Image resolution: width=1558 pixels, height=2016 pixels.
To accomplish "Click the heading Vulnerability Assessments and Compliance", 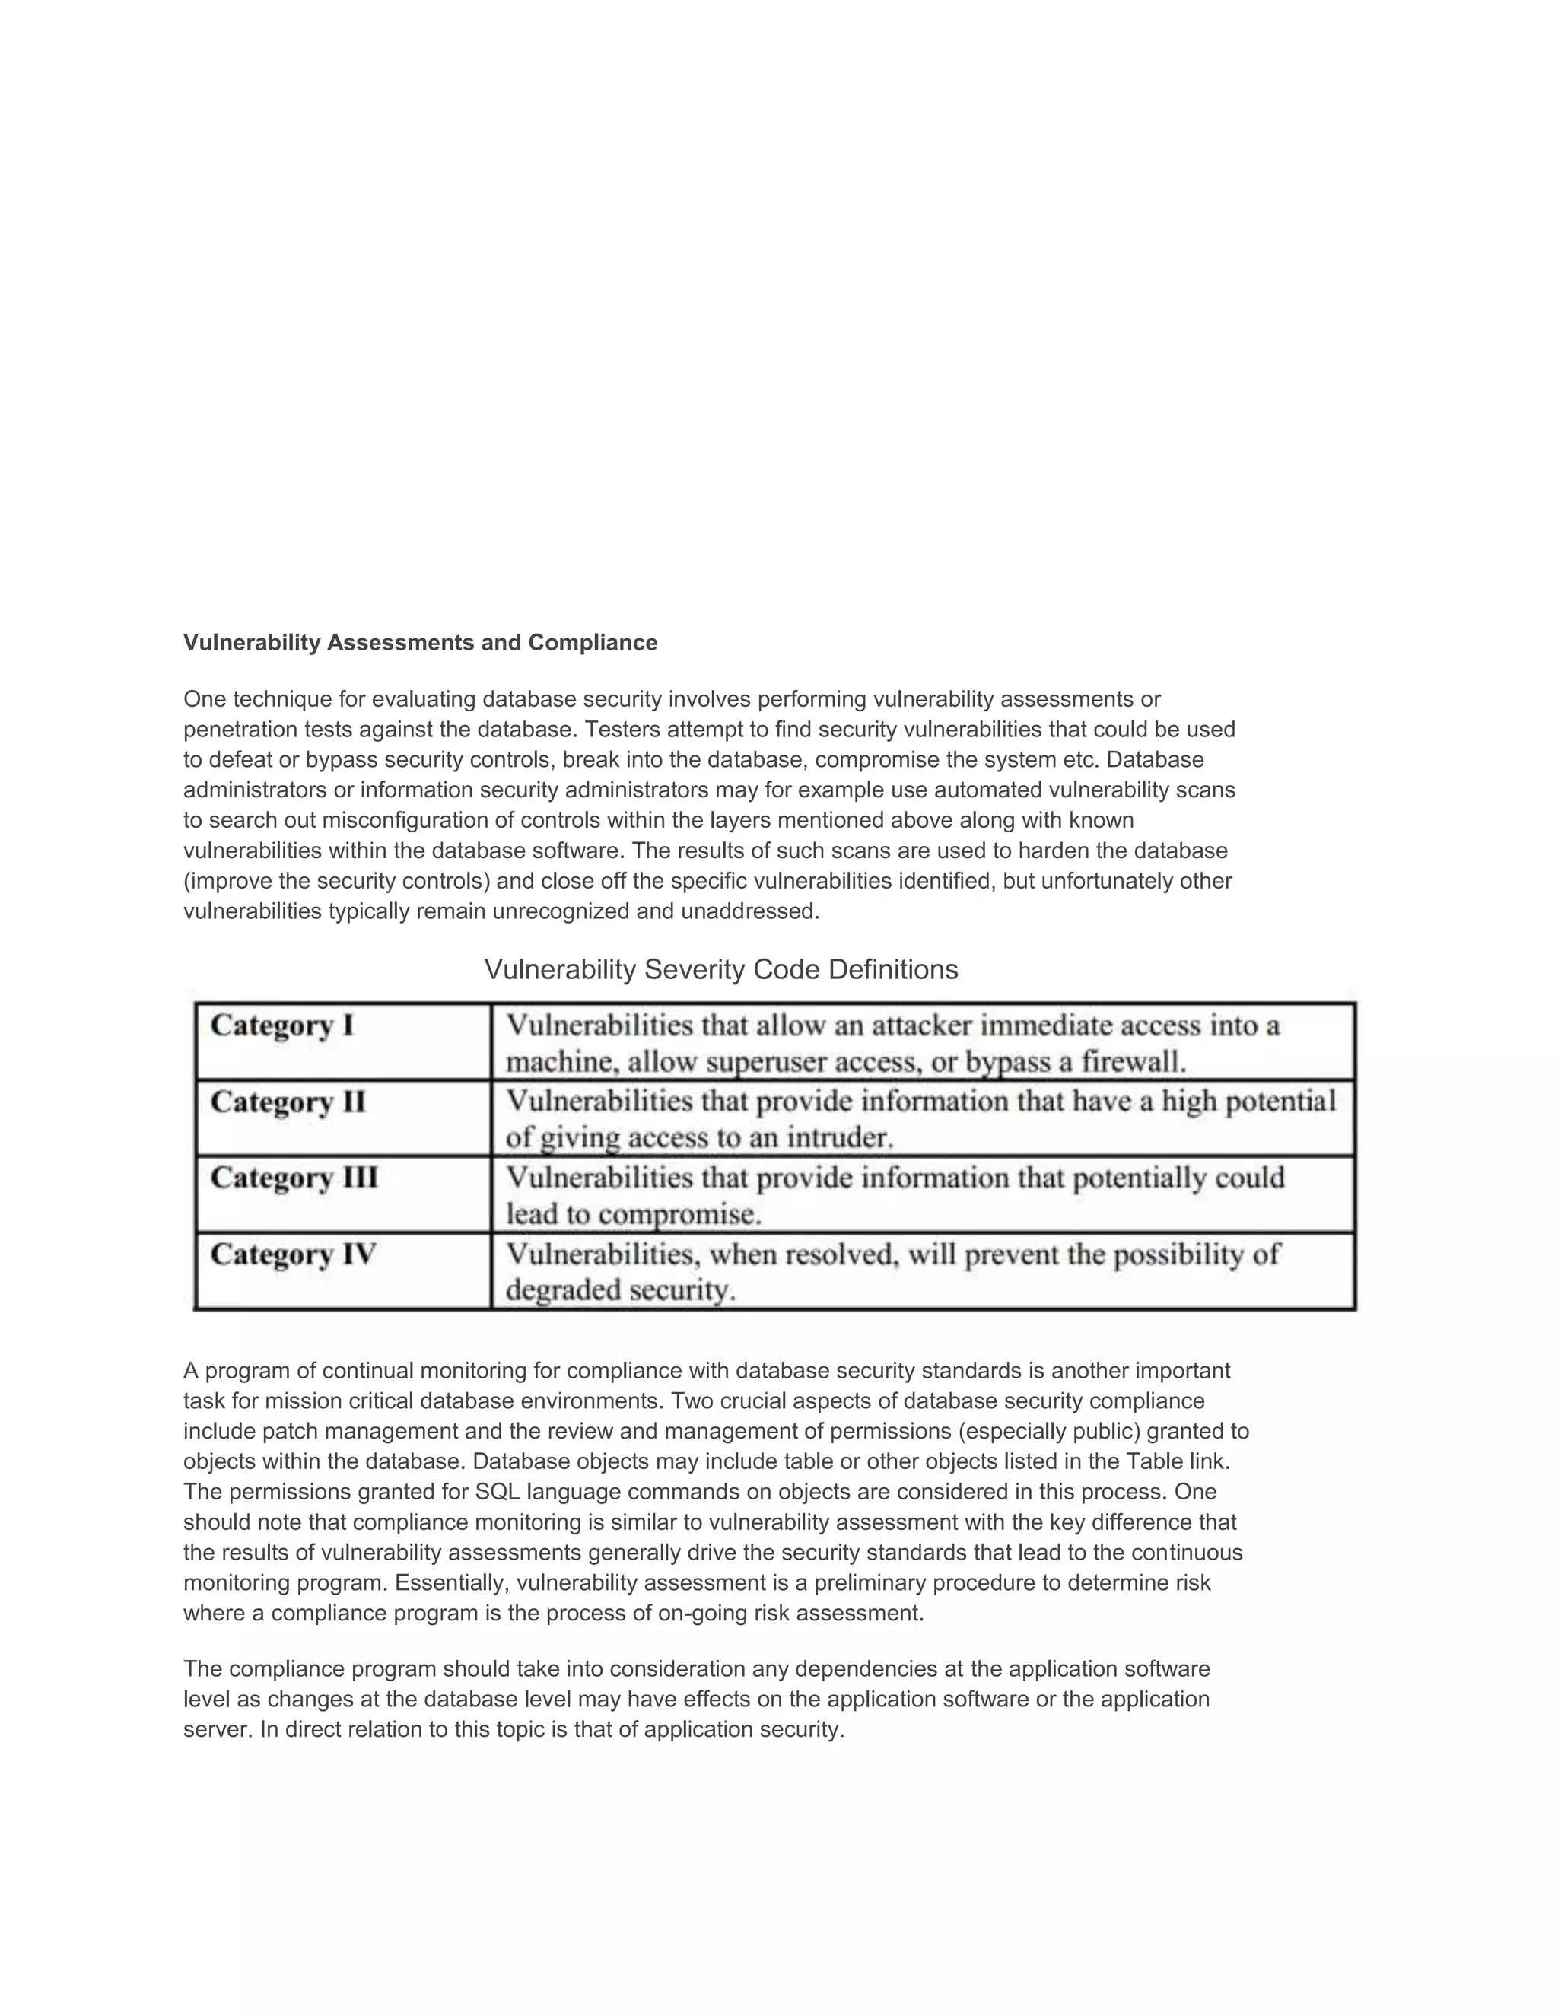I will tap(420, 643).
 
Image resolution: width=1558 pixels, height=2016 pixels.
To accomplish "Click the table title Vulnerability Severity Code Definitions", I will tap(721, 969).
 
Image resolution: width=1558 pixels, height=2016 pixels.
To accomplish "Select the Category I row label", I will tap(282, 1025).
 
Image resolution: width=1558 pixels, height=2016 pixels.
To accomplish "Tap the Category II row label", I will tap(288, 1102).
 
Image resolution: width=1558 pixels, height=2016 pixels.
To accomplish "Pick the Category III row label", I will tap(294, 1178).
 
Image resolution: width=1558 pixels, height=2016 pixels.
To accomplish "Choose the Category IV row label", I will tap(293, 1254).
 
